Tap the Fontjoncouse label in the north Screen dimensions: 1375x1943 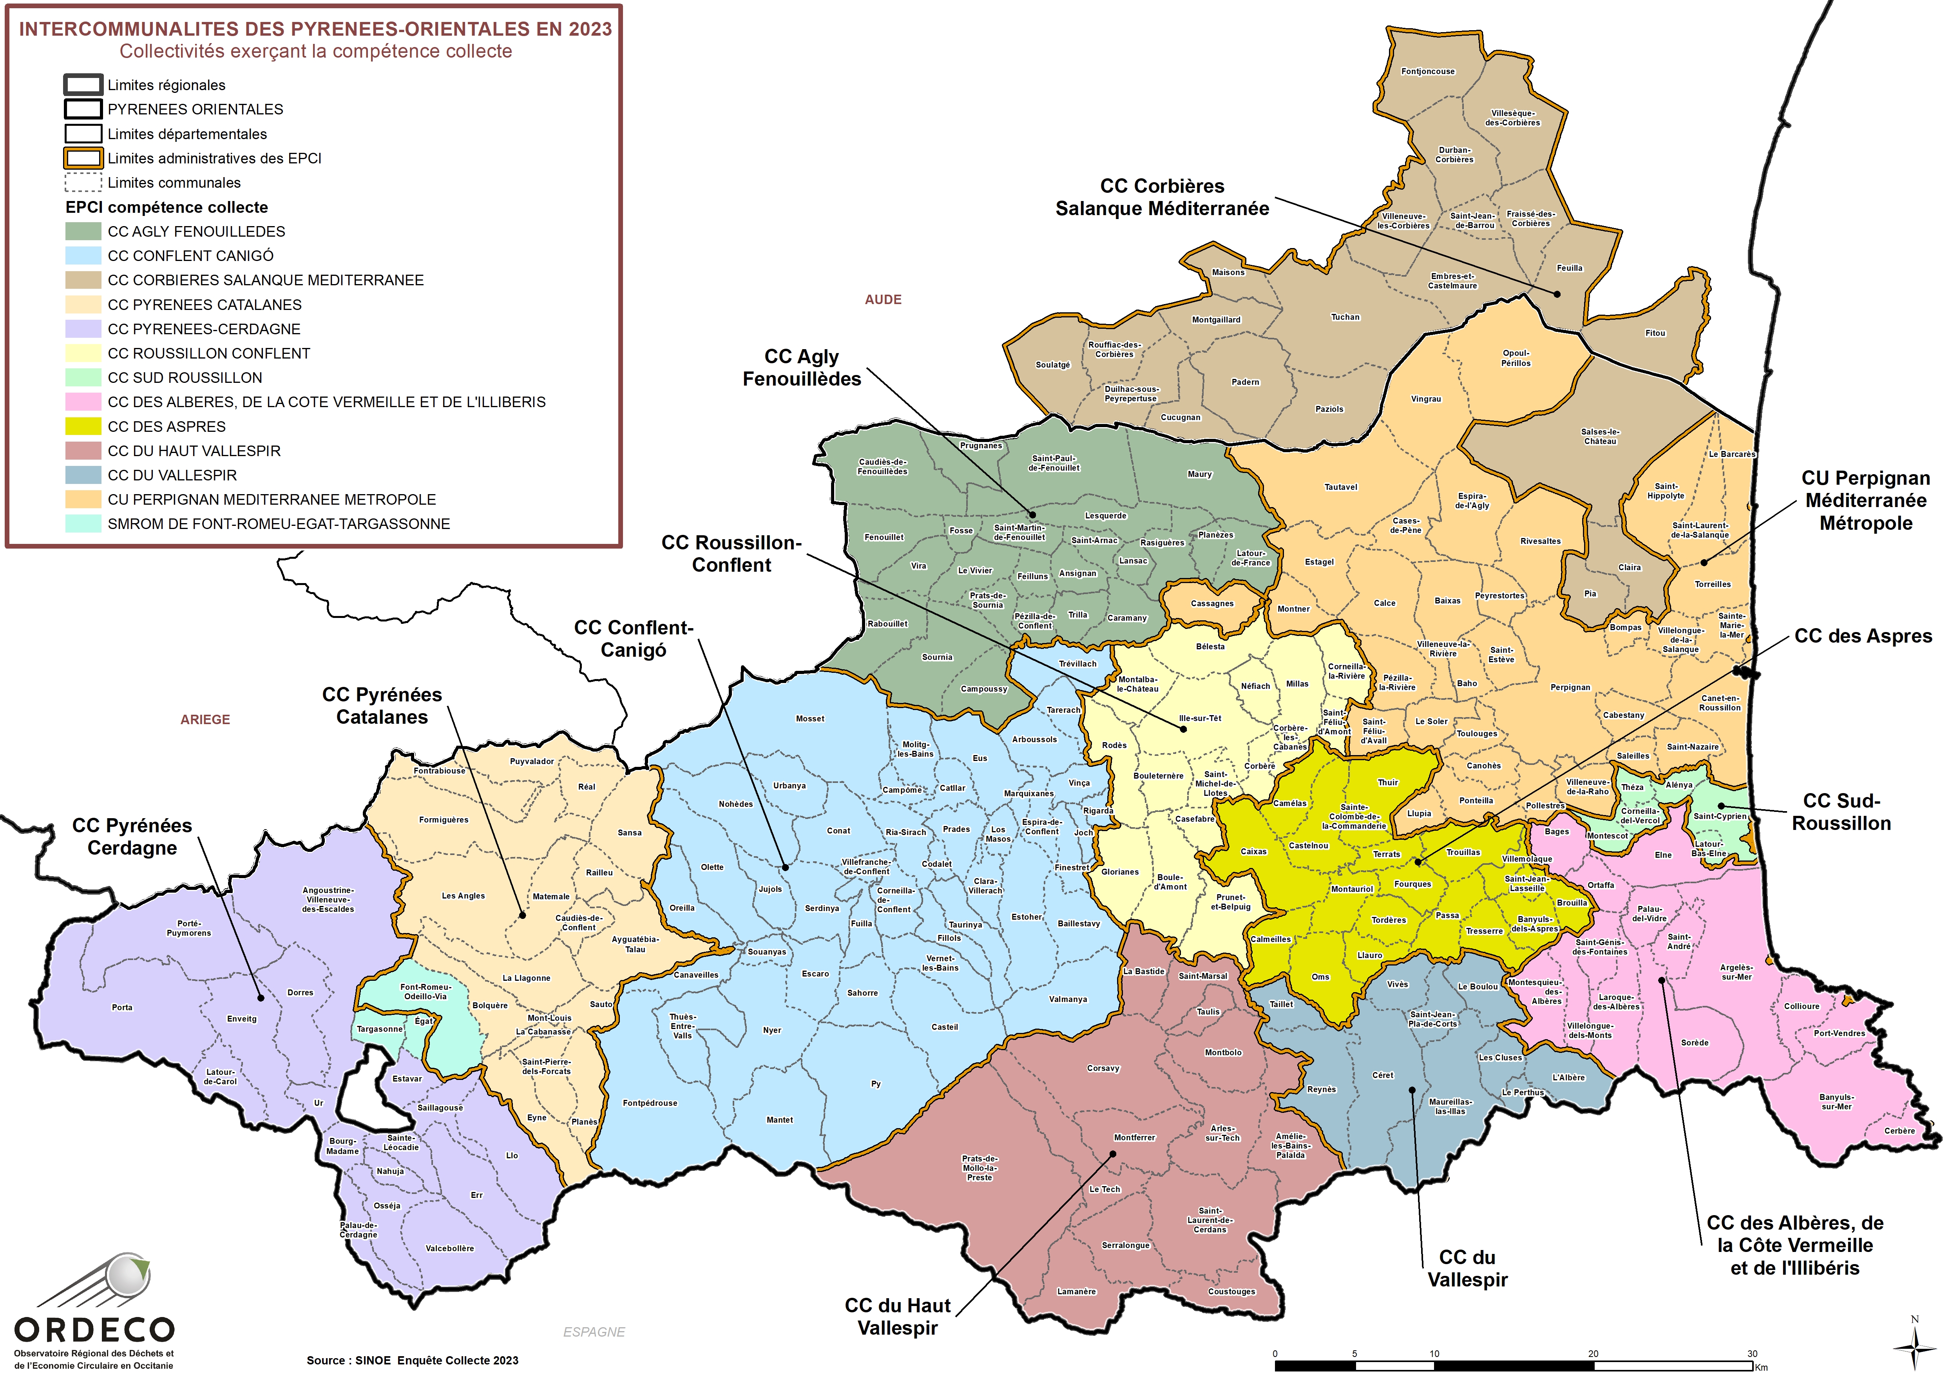pyautogui.click(x=1427, y=71)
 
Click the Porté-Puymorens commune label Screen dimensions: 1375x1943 pyautogui.click(x=189, y=928)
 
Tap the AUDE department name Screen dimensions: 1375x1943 pyautogui.click(x=883, y=300)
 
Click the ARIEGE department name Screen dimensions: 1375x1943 pyautogui.click(x=205, y=720)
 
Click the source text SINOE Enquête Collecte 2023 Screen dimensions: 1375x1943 pyautogui.click(x=412, y=1361)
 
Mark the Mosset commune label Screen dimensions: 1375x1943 pyautogui.click(x=809, y=719)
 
